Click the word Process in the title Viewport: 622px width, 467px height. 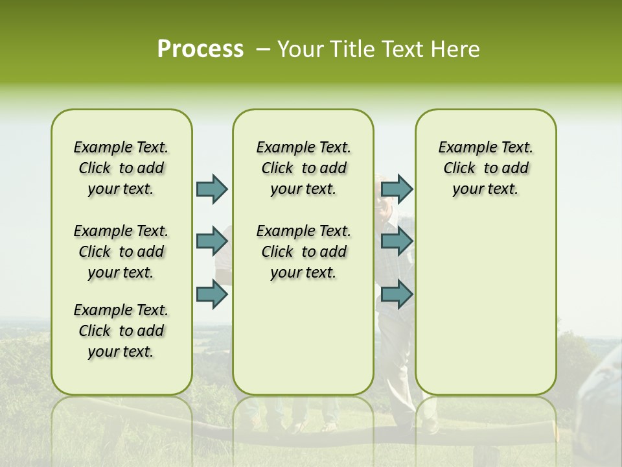point(200,49)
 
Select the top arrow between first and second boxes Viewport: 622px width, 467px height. point(212,189)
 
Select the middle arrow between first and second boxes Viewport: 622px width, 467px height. point(212,241)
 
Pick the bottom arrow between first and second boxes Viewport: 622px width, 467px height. point(212,294)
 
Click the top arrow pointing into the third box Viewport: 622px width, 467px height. point(397,189)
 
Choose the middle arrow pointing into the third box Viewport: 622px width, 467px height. point(397,241)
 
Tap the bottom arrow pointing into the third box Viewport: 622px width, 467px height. point(397,294)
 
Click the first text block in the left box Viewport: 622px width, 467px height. point(121,168)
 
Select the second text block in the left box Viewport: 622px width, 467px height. point(121,252)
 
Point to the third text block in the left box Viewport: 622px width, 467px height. point(121,331)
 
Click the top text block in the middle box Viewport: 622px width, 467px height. point(303,168)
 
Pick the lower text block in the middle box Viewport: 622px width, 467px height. point(303,252)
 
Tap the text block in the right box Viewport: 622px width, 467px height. point(485,168)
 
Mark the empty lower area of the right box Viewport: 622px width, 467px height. point(485,305)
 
